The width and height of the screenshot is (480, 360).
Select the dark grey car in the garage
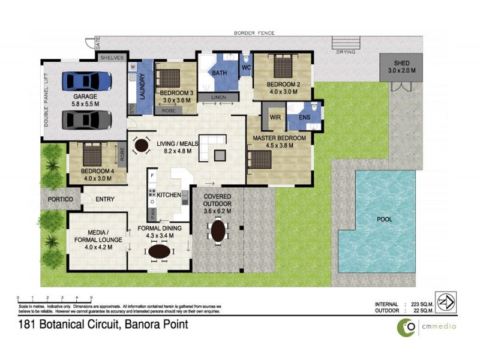pos(87,119)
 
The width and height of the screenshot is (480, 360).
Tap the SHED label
pos(401,63)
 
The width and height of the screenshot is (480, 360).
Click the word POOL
pos(384,220)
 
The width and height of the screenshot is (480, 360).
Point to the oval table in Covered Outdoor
pos(218,230)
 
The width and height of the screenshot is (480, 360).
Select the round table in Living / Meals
pos(142,145)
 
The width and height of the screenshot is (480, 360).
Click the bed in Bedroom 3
pos(170,78)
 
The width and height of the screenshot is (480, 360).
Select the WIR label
pos(275,117)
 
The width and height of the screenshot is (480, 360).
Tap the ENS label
pos(304,117)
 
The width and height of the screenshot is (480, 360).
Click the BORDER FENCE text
pos(254,33)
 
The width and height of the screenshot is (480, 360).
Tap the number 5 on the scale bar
pos(91,298)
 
